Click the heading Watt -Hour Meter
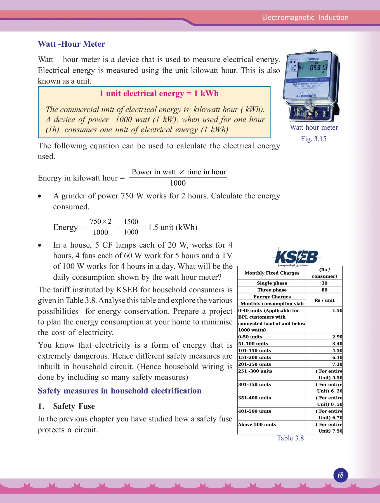(71, 44)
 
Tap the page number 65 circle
(341, 475)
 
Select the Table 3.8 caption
(290, 438)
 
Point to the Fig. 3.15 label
(313, 139)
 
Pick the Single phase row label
(272, 283)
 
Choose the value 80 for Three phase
(324, 290)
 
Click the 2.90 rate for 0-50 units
(337, 337)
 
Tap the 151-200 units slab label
(255, 357)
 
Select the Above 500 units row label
(257, 424)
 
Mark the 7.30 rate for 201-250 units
(337, 364)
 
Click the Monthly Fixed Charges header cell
(272, 273)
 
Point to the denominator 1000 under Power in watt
(178, 183)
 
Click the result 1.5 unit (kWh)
(173, 227)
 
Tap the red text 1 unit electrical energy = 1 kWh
(159, 94)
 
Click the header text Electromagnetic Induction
(305, 18)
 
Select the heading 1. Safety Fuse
(67, 406)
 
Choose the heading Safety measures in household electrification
(120, 391)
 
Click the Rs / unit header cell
(324, 300)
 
